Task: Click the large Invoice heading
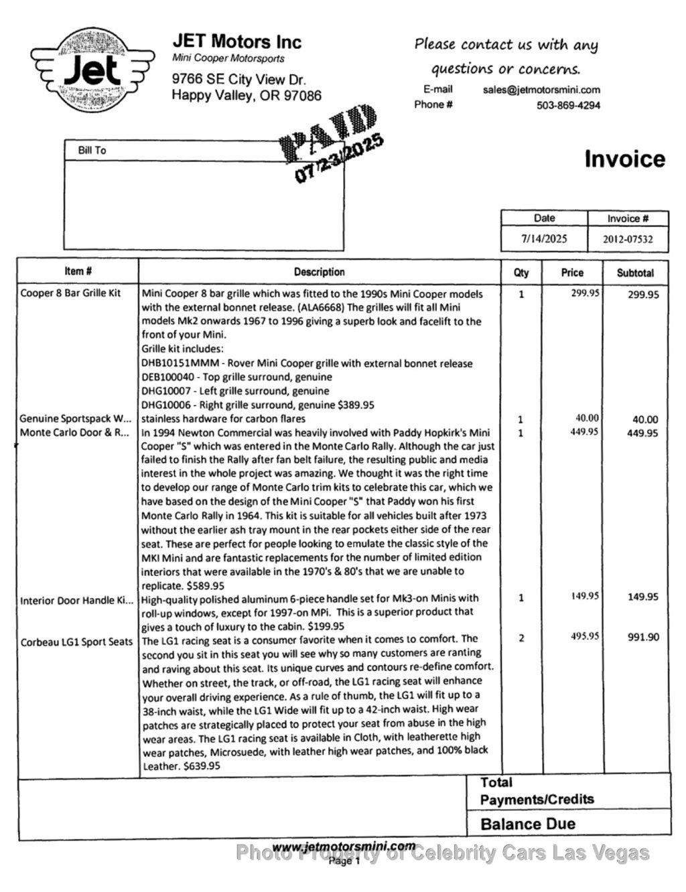coord(624,159)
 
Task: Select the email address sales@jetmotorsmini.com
coord(541,90)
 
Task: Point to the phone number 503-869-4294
coord(568,105)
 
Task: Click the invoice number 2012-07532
coord(628,239)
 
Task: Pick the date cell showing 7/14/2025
coord(544,238)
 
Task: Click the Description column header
coord(319,272)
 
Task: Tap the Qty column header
coord(521,273)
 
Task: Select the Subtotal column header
coord(635,273)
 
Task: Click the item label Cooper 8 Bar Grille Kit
coord(70,293)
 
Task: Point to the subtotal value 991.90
coord(643,638)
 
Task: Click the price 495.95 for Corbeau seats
coord(584,636)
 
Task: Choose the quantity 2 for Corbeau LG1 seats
coord(521,638)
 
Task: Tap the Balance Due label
coord(528,824)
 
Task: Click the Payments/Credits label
coord(537,799)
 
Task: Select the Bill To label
coord(92,151)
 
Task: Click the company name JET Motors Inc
coord(237,42)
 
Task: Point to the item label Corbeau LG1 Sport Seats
coord(76,642)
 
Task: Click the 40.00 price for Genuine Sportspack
coord(587,419)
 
